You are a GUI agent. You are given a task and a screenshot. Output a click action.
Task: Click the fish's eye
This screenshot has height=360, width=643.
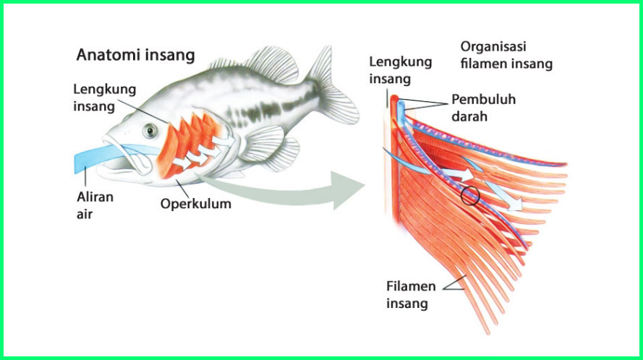pos(150,130)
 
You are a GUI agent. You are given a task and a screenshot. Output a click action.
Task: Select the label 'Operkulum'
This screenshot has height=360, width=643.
pos(196,203)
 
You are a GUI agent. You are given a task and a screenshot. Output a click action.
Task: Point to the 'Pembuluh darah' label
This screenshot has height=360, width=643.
pos(483,106)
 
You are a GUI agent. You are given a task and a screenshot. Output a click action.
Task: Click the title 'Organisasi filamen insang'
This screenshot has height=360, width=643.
pos(506,55)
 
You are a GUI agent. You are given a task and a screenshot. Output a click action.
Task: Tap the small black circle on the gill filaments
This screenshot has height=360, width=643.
pos(470,194)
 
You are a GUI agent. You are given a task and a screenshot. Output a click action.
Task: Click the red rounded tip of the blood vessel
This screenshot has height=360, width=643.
pos(394,98)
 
